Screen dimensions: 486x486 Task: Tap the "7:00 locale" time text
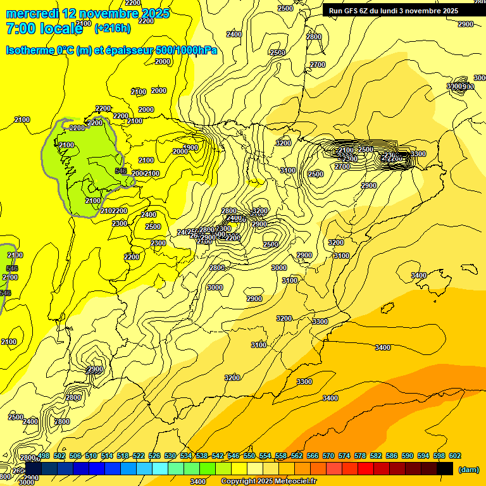click(x=44, y=28)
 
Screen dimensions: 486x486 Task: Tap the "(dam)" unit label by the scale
click(x=468, y=470)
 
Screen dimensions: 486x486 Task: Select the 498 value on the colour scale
click(x=44, y=456)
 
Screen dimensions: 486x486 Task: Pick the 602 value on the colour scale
click(x=454, y=456)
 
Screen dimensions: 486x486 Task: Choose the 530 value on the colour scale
click(x=170, y=456)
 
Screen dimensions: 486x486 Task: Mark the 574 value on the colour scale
click(x=344, y=456)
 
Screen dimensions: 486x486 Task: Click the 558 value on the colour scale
click(x=281, y=456)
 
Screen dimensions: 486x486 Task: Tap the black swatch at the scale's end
click(x=445, y=468)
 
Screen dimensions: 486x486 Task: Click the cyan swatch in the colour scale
click(x=160, y=468)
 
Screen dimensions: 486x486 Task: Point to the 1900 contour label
click(x=190, y=147)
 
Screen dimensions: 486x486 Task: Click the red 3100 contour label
click(x=259, y=345)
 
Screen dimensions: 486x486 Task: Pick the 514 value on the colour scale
click(x=107, y=456)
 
